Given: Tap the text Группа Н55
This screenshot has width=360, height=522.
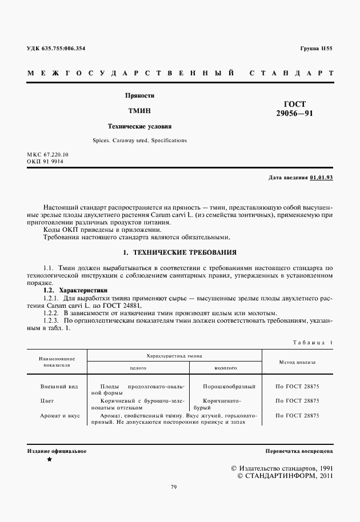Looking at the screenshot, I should point(316,49).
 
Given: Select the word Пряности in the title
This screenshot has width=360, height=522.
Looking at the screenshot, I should point(140,96).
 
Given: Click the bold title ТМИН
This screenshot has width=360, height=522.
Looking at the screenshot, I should point(140,110).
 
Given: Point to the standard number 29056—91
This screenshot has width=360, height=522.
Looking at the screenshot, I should point(294,114).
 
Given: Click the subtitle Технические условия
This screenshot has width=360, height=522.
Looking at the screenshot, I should point(140,126).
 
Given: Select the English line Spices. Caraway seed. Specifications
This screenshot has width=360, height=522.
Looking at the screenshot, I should point(139,140).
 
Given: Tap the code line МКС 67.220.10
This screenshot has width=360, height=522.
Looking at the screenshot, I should point(48,155).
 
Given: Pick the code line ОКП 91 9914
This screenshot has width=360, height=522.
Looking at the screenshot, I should point(45,162).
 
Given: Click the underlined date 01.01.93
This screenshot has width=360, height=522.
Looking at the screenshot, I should point(321,178).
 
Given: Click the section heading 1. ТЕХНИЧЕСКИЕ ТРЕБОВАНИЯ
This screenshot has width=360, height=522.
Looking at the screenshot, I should point(180,252).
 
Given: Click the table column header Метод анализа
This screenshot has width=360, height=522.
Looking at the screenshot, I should point(297,362).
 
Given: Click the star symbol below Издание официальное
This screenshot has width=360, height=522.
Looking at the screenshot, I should point(49,459).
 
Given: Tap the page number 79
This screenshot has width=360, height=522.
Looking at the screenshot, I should point(174,487).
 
